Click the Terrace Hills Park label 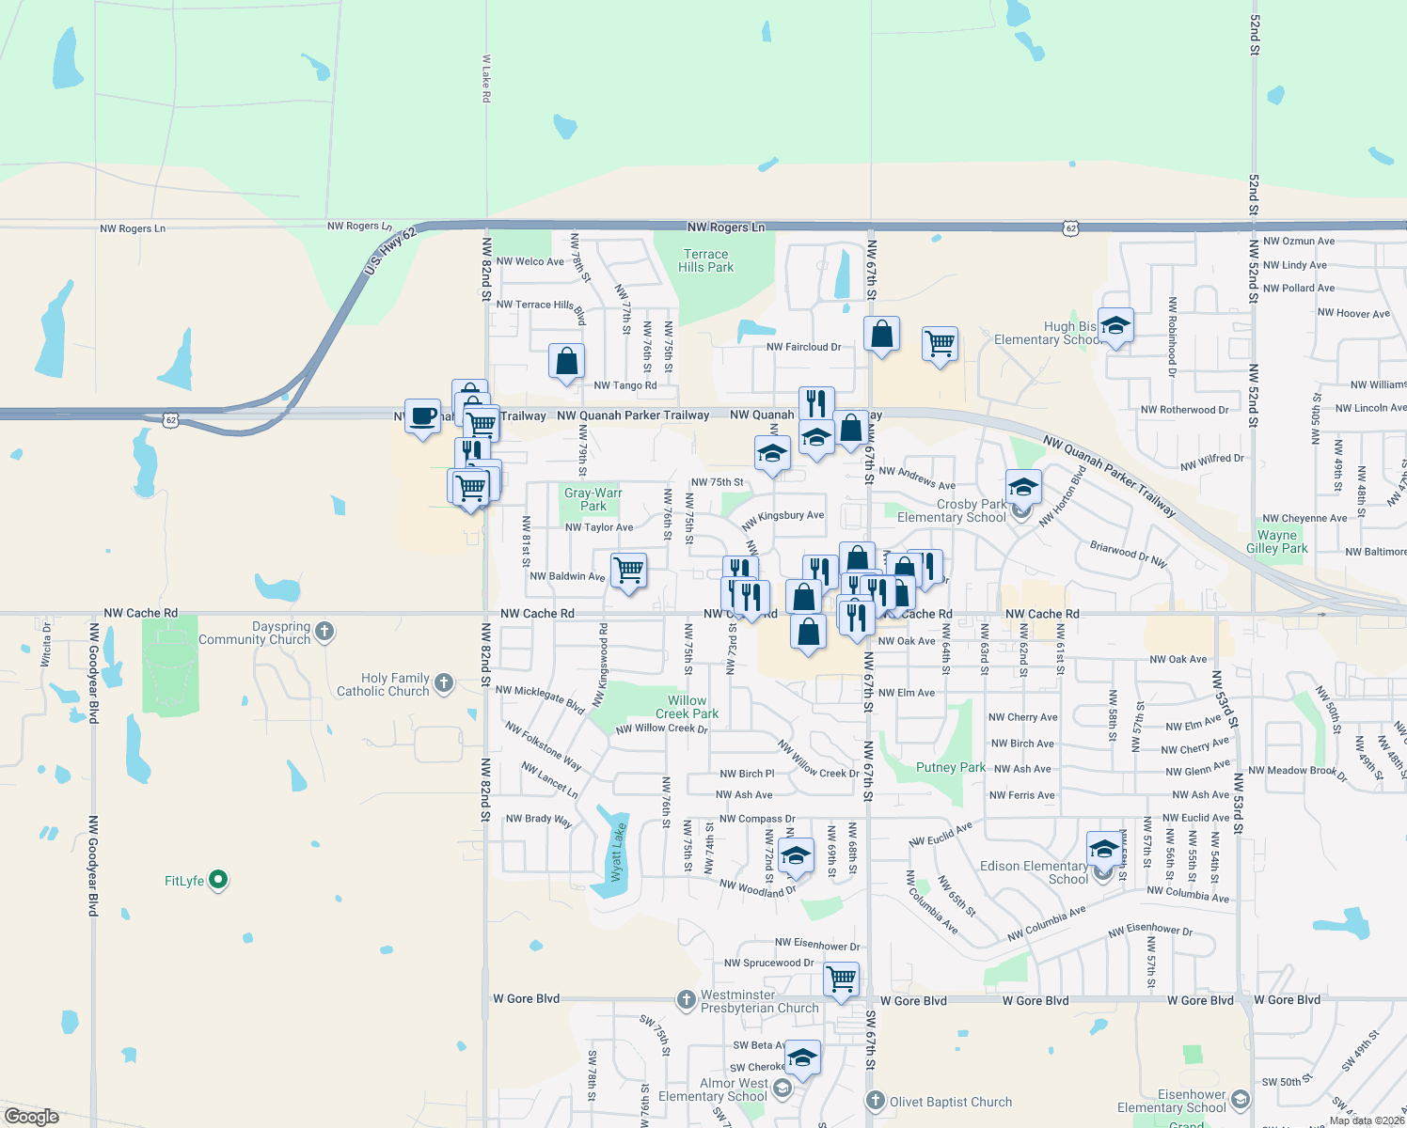click(x=706, y=260)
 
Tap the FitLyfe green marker click(x=218, y=880)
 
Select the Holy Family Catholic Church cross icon click(x=444, y=683)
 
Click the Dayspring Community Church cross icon click(x=324, y=632)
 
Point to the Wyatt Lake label click(x=618, y=852)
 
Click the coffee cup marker click(x=423, y=415)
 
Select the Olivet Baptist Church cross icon click(x=875, y=1101)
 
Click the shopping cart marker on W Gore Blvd click(x=842, y=978)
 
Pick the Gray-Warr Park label click(x=593, y=499)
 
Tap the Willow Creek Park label click(x=687, y=707)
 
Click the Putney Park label click(x=951, y=767)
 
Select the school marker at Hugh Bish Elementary click(x=1115, y=325)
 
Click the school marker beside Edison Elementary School click(x=1104, y=849)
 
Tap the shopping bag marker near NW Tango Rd click(x=566, y=361)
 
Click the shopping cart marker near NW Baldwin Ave click(x=628, y=570)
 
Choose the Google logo click(x=32, y=1116)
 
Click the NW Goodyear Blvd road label click(x=93, y=673)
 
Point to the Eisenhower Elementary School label click(x=1172, y=1101)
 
